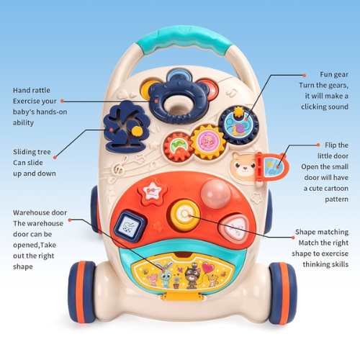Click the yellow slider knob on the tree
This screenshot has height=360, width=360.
(x=137, y=131)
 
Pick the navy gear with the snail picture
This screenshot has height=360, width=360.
(x=239, y=125)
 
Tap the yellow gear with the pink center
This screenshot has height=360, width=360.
(x=208, y=142)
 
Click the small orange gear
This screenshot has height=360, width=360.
(x=178, y=147)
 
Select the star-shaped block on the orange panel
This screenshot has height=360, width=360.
(x=152, y=193)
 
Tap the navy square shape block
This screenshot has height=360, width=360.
(x=130, y=225)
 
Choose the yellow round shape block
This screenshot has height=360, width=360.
(x=185, y=215)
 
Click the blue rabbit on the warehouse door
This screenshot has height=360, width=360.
(x=165, y=274)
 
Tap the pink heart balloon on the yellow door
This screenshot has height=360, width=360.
(x=208, y=267)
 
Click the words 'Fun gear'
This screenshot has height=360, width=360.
(x=334, y=75)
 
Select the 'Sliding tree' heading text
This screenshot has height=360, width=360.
(x=32, y=152)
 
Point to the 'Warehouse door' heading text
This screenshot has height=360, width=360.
(x=40, y=212)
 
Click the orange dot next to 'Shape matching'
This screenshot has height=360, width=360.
(x=293, y=238)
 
